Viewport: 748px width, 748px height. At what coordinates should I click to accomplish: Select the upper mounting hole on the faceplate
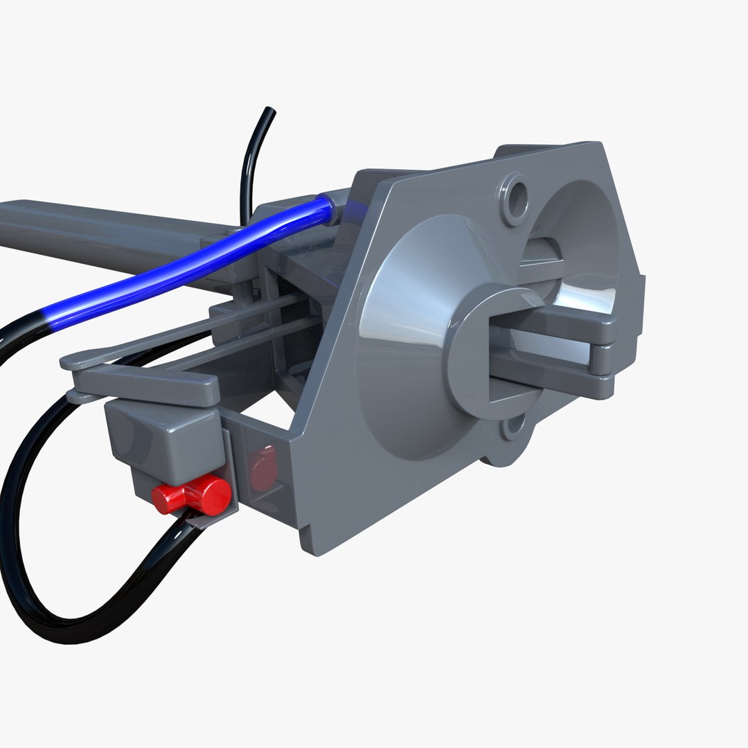(515, 198)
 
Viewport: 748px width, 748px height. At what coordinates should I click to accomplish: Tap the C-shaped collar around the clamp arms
(471, 346)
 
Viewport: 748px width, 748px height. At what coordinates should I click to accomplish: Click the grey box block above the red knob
(163, 436)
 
